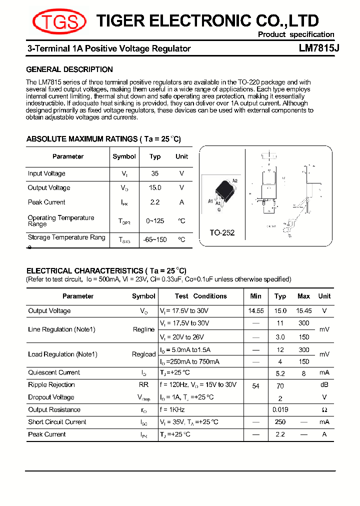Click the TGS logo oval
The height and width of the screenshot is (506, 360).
pos(59,21)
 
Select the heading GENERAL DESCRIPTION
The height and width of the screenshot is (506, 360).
pos(69,69)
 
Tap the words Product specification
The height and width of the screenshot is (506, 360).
pos(296,34)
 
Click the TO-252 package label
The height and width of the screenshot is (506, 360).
pos(221,232)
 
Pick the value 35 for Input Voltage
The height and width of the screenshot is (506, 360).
pos(155,173)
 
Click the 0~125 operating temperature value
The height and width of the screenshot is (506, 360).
pos(155,220)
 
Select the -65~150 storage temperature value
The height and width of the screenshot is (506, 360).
pos(155,239)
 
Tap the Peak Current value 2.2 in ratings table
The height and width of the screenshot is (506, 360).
pos(155,202)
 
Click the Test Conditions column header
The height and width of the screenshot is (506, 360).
pos(200,296)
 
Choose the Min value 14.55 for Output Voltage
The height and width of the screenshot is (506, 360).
pos(256,310)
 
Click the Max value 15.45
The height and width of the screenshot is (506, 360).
pos(303,310)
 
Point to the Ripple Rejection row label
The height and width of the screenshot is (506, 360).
pos(51,384)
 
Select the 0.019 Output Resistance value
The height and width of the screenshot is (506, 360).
pos(280,409)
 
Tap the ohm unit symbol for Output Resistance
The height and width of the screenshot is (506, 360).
pos(324,410)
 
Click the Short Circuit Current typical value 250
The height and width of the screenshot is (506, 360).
pos(280,422)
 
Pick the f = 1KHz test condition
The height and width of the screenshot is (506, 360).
pos(172,409)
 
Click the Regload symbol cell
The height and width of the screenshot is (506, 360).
pos(143,354)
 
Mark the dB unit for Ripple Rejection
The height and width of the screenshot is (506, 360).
pos(324,385)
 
